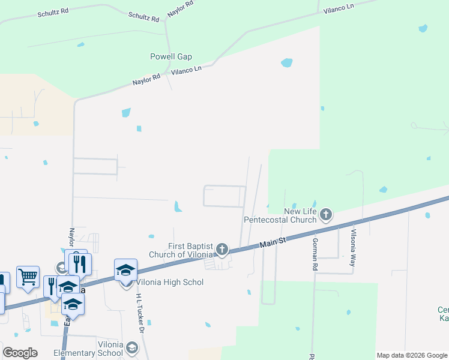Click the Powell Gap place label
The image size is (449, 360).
pyautogui.click(x=171, y=57)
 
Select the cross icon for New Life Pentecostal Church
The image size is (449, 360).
pyautogui.click(x=326, y=214)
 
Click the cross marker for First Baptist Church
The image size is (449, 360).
pyautogui.click(x=222, y=249)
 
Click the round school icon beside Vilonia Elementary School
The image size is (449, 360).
pyautogui.click(x=132, y=349)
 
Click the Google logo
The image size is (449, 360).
pyautogui.click(x=20, y=353)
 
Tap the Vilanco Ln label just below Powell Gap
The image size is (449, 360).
pyautogui.click(x=187, y=70)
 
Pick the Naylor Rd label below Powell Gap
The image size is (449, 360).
pyautogui.click(x=147, y=79)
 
